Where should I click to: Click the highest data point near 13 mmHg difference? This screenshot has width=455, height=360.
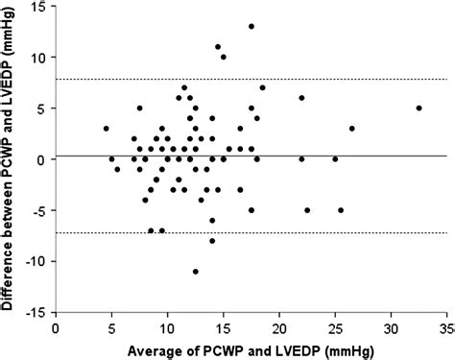click(251, 27)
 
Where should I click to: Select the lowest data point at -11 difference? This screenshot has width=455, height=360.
click(196, 272)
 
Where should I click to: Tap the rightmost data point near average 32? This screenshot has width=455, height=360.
click(419, 108)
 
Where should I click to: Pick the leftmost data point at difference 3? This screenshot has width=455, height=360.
click(107, 129)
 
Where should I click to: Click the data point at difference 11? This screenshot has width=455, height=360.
click(218, 47)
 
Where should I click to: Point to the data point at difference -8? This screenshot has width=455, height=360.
click(212, 241)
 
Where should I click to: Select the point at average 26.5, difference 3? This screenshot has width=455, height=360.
click(352, 129)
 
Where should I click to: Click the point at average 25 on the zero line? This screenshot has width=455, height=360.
click(335, 159)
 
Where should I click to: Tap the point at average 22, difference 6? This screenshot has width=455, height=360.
click(301, 98)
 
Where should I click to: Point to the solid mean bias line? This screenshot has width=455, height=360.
click(384, 156)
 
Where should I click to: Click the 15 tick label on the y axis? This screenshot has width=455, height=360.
click(38, 7)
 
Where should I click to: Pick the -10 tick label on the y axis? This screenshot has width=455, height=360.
click(36, 261)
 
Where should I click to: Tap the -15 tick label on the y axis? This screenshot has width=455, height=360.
click(36, 312)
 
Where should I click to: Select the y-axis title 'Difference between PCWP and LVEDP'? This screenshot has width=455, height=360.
click(11, 158)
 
